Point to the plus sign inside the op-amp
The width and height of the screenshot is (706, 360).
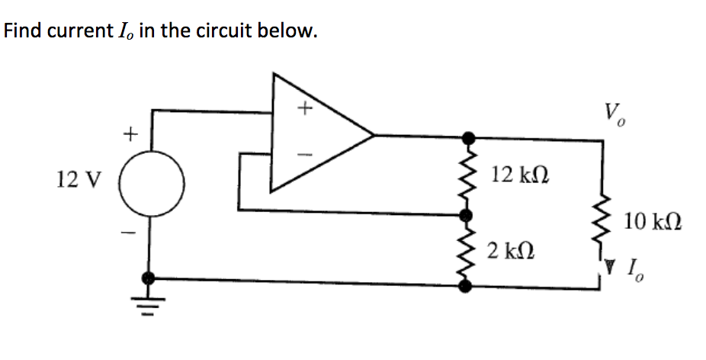pyautogui.click(x=305, y=110)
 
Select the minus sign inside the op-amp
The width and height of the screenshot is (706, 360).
pyautogui.click(x=305, y=153)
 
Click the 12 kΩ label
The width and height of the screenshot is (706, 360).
pyautogui.click(x=520, y=175)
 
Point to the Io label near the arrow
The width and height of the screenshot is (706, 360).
pyautogui.click(x=634, y=269)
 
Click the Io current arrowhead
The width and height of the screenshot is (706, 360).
pyautogui.click(x=609, y=267)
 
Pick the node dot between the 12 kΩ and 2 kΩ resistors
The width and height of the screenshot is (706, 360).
pyautogui.click(x=469, y=214)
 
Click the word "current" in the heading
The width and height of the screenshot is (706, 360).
pyautogui.click(x=77, y=31)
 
